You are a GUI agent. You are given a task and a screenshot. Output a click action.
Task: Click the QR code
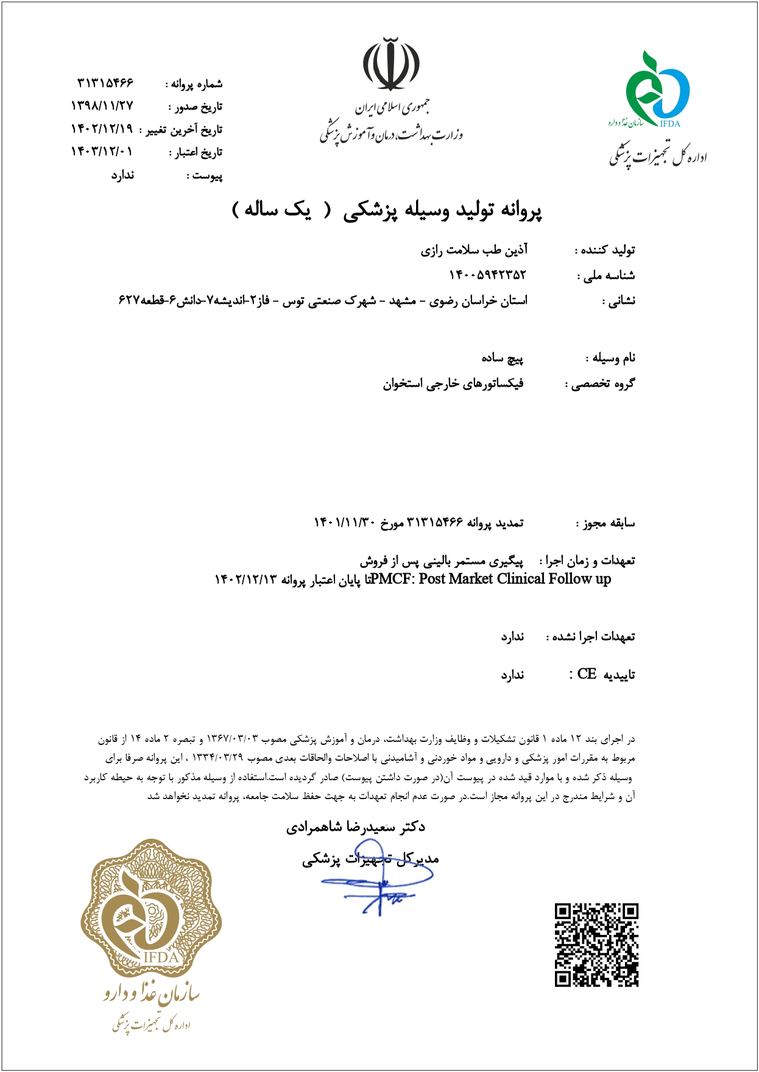[x=596, y=945]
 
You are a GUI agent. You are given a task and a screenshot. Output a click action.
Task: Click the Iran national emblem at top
[x=391, y=64]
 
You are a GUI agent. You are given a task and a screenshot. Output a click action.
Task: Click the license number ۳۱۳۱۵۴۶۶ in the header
[x=105, y=82]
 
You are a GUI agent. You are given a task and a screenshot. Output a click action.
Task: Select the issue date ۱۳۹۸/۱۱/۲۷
[x=102, y=106]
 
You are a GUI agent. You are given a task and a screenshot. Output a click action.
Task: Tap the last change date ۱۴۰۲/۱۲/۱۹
[x=102, y=129]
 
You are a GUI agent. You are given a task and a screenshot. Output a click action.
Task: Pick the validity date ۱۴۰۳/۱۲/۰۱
[x=102, y=152]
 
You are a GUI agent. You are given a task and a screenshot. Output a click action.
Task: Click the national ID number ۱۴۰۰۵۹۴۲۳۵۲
[x=487, y=275]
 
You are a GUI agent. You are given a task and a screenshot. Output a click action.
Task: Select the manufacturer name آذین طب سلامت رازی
[x=474, y=250]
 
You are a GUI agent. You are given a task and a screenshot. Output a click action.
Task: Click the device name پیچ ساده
[x=502, y=358]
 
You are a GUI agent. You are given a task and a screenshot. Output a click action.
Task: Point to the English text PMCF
[x=390, y=579]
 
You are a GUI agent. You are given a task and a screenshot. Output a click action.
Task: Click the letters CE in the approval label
[x=587, y=674]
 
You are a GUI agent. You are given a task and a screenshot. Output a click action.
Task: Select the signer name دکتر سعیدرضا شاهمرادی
[x=356, y=827]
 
